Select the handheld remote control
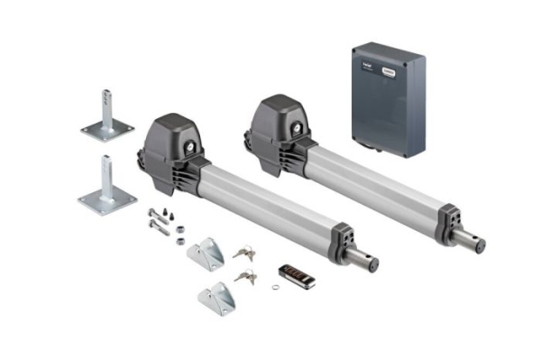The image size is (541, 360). point(297,276)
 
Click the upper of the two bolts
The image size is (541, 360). point(159,217)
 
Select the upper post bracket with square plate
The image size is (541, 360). point(107,117)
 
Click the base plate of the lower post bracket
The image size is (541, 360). point(107,200)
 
